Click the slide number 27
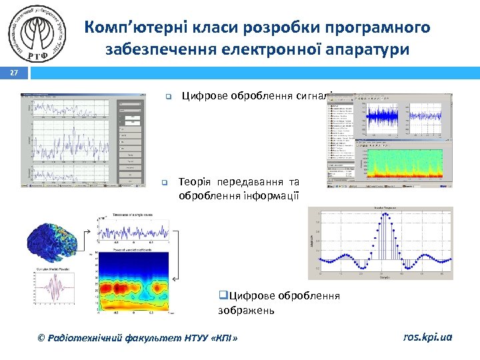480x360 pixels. pyautogui.click(x=14, y=75)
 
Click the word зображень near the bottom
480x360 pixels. pyautogui.click(x=246, y=310)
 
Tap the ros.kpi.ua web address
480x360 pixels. pyautogui.click(x=427, y=337)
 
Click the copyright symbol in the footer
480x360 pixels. pyautogui.click(x=43, y=338)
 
